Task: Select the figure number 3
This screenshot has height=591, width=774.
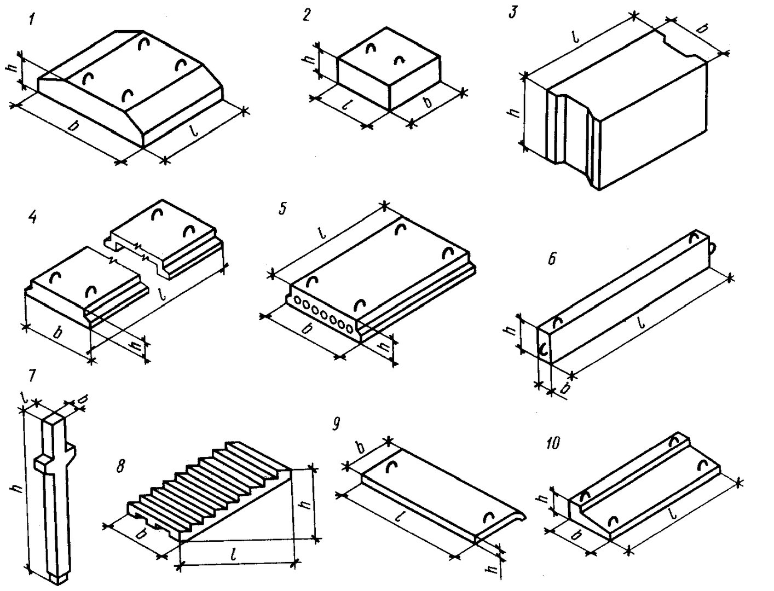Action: [x=512, y=13]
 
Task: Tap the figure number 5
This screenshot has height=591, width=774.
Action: [x=282, y=209]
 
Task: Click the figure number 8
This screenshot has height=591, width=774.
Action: [x=120, y=466]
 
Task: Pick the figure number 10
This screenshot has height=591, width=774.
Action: [x=553, y=443]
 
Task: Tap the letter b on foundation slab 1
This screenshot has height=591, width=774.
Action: [x=72, y=127]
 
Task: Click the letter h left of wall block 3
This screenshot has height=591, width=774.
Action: [x=513, y=112]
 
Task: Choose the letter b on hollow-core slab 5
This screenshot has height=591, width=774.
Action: [x=308, y=329]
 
